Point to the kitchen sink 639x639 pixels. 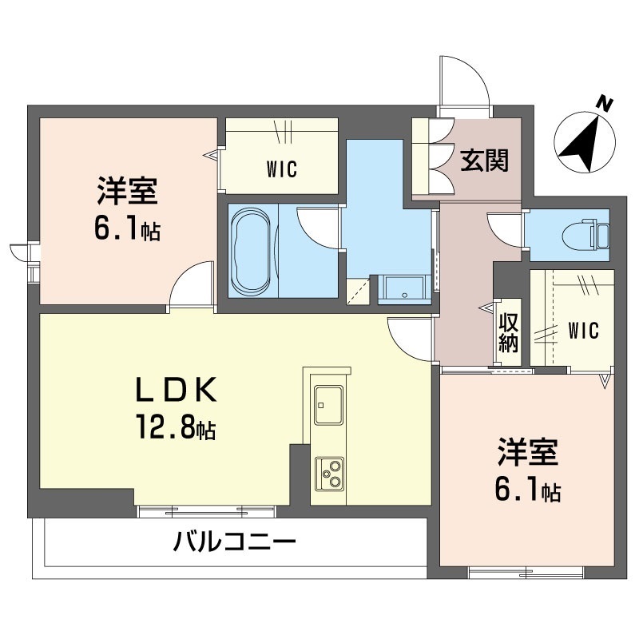click(328, 404)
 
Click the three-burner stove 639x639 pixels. click(328, 473)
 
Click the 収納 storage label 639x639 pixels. click(509, 332)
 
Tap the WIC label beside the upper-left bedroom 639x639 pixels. click(280, 169)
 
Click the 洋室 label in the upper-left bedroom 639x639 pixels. click(127, 193)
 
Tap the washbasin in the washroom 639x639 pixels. click(406, 289)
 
